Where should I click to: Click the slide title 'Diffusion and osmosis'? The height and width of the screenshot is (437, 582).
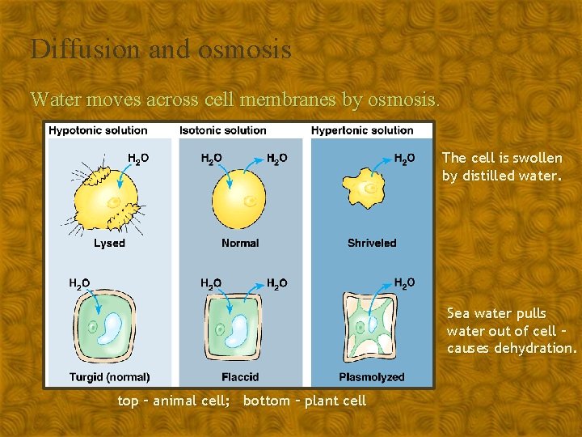coord(161,49)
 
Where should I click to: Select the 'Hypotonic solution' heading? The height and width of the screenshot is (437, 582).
coord(98,130)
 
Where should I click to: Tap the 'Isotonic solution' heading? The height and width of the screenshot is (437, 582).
coord(223,130)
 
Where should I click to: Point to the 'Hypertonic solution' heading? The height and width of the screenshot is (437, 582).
coord(362,130)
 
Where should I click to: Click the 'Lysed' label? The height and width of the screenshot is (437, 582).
coord(109,243)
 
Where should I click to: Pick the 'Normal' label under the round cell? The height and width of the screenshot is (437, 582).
coord(240,243)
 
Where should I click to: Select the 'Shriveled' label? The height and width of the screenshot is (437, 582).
coord(372,243)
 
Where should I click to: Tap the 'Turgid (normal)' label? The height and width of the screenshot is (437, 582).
coord(110,377)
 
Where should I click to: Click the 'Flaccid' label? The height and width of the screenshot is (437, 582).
coord(240,377)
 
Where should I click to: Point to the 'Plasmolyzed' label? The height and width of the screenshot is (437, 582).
coord(372,377)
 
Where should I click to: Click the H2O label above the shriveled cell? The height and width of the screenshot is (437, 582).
coord(405,159)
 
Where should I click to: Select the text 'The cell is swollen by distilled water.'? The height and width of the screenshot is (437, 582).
coord(502,167)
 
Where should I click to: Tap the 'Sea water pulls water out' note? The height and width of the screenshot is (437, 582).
coord(512,331)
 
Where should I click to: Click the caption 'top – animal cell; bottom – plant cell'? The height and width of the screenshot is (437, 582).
coord(242,401)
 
